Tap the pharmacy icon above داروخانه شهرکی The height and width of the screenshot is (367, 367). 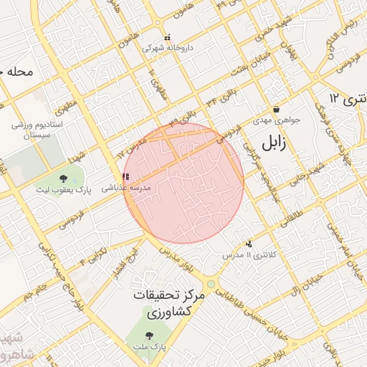(x=168, y=37)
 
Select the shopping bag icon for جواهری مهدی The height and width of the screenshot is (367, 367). (x=276, y=110)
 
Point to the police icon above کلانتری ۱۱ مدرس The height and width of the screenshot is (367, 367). (x=249, y=244)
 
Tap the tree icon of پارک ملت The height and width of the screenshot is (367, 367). (x=149, y=335)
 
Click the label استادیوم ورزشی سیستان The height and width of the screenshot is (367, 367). (x=38, y=130)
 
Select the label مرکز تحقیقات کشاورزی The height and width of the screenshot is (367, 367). (x=169, y=305)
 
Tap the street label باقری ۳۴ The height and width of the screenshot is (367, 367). (x=219, y=95)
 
